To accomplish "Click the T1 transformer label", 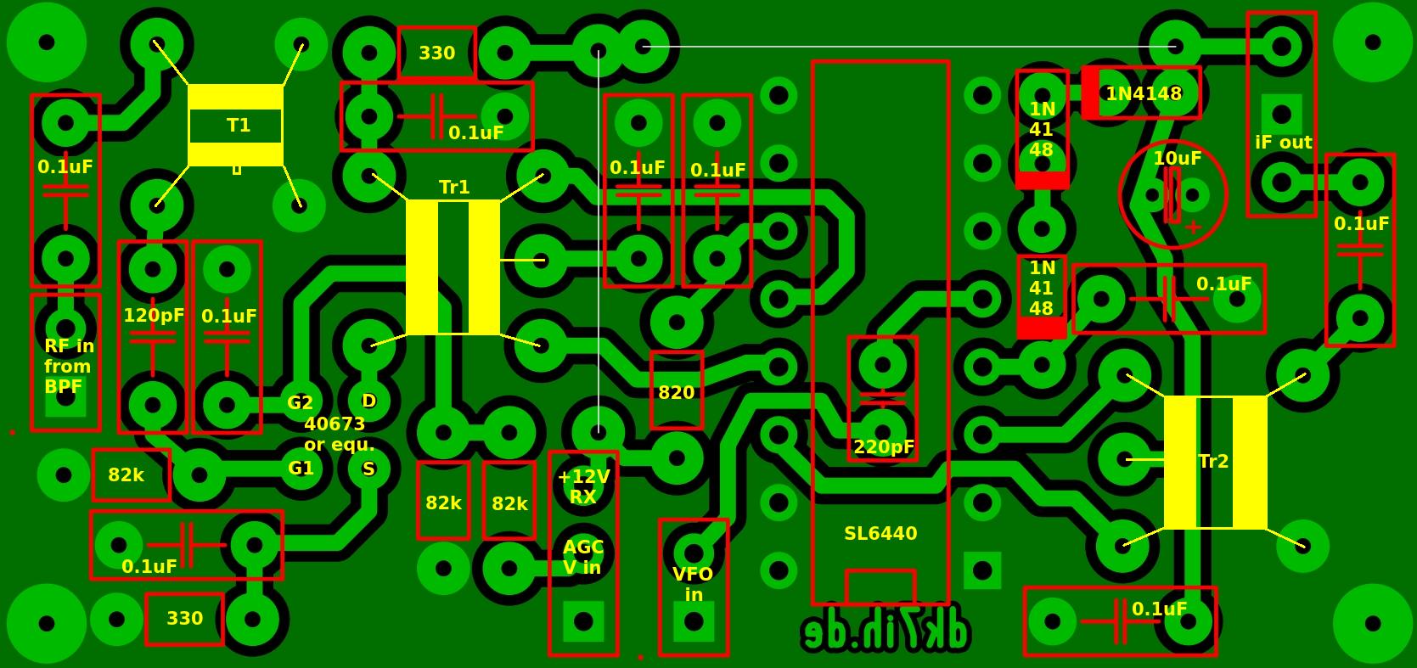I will [x=238, y=126].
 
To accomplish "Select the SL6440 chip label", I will [x=880, y=533].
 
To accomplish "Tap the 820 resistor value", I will [x=676, y=392].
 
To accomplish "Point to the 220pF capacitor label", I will [x=883, y=446].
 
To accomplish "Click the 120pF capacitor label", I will [x=153, y=316].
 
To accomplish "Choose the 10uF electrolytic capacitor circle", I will [x=1172, y=195].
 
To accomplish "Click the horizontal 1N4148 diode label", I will [x=1143, y=93].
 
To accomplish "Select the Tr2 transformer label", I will [x=1213, y=461].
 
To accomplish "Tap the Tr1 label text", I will [x=454, y=187].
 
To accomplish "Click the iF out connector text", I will [x=1283, y=143].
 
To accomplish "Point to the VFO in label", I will [x=693, y=584].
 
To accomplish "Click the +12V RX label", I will [x=583, y=486].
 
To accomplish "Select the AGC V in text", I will [x=582, y=557].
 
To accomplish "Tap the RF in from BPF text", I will [x=68, y=366].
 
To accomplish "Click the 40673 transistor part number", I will [x=334, y=424].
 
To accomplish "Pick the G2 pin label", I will [x=300, y=402].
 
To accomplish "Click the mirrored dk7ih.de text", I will [x=886, y=632].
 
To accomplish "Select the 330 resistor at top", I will [x=436, y=53].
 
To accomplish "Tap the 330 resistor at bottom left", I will [x=184, y=618].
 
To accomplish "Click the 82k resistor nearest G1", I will [x=126, y=475].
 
